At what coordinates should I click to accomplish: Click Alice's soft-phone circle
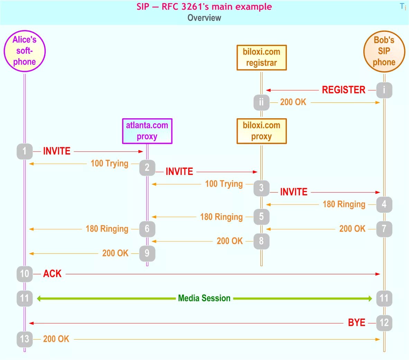click(x=25, y=51)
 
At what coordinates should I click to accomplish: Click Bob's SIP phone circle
click(x=384, y=51)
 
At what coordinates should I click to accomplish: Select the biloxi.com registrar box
click(x=262, y=57)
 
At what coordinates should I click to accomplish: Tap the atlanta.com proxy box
click(x=147, y=131)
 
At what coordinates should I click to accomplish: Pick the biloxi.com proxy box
click(x=262, y=131)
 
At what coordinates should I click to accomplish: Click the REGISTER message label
click(x=344, y=90)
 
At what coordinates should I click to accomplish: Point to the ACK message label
click(x=52, y=274)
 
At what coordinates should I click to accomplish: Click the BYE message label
click(x=356, y=323)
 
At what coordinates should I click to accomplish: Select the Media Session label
click(x=204, y=298)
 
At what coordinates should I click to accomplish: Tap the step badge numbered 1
click(x=25, y=151)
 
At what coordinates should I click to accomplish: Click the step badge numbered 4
click(x=384, y=204)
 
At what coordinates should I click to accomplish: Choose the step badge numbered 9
click(x=147, y=253)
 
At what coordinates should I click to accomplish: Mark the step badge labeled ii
click(x=261, y=102)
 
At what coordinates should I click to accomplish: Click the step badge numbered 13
click(x=25, y=339)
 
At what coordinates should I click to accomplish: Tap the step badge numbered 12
click(x=384, y=323)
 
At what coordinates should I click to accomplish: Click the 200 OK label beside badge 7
click(x=352, y=229)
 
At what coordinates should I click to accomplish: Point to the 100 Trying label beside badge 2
click(x=109, y=163)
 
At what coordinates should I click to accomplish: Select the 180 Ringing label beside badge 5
click(x=221, y=217)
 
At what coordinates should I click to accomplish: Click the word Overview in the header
click(x=204, y=18)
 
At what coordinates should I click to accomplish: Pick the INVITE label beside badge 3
click(x=294, y=192)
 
